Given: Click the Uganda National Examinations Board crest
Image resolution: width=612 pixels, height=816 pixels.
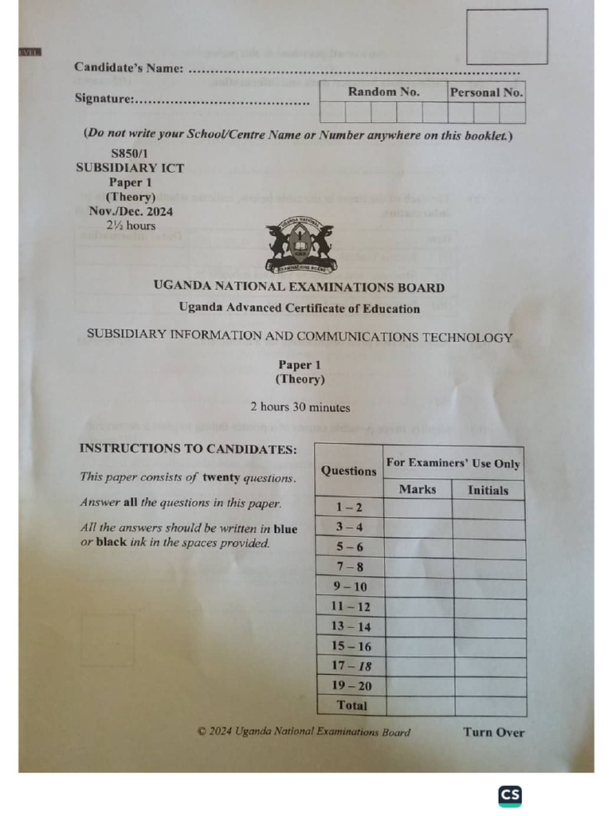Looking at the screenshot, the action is tap(301, 245).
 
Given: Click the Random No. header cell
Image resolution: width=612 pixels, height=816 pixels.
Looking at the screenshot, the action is tap(383, 92).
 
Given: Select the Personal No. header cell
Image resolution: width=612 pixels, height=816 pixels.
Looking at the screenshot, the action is tap(486, 92).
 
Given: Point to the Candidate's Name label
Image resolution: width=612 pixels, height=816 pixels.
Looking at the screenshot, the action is tap(129, 68).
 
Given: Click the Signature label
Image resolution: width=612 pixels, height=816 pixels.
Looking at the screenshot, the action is tap(104, 99).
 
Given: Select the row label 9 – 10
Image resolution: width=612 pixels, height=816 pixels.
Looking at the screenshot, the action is tap(351, 587).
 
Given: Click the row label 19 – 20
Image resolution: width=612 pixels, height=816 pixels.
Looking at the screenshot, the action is tap(351, 686).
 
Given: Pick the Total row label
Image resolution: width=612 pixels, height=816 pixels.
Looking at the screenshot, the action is tap(352, 705).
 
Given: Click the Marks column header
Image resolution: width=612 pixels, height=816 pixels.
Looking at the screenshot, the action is tap(418, 490).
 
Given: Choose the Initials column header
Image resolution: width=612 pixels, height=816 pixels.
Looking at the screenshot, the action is tap(488, 491).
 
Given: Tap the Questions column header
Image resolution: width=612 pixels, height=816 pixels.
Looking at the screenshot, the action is tap(348, 471).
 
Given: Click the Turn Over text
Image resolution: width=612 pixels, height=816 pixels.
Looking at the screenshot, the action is tap(494, 732).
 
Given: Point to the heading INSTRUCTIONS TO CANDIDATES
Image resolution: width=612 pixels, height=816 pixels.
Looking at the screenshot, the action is tap(188, 449).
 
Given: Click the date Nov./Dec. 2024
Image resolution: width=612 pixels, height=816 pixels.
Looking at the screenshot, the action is tap(131, 211).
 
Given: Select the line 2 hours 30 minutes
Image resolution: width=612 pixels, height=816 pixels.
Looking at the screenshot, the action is tap(300, 407).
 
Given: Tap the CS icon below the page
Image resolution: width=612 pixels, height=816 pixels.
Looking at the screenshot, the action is tap(510, 795).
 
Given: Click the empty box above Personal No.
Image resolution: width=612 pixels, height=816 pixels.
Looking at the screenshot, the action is tap(507, 37).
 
